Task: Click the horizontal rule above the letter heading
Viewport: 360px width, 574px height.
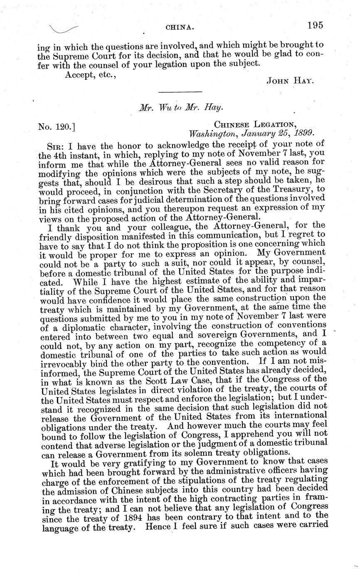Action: click(x=180, y=92)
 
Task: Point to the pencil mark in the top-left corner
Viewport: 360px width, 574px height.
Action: click(x=63, y=29)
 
